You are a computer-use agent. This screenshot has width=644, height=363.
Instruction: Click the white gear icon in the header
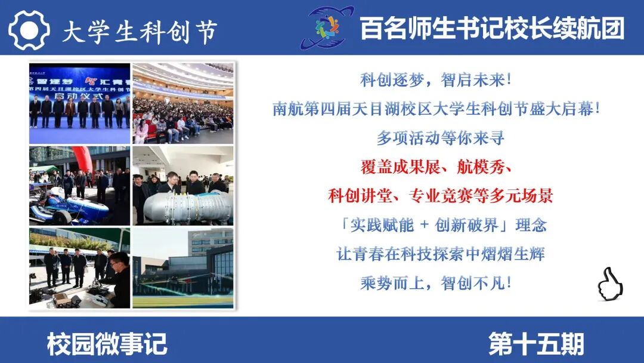point(29,30)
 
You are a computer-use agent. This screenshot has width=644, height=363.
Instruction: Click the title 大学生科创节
point(140,32)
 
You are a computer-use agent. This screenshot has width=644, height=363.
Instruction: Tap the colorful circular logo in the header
point(327,27)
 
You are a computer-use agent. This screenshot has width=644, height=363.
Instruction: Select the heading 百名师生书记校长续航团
point(492,29)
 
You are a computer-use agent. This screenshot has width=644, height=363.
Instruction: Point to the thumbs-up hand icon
point(611,284)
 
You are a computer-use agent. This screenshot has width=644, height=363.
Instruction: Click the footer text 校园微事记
point(107,344)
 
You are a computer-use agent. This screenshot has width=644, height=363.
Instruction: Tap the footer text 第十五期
point(537,344)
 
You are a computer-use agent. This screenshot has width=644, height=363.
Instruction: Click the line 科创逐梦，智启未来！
point(436,80)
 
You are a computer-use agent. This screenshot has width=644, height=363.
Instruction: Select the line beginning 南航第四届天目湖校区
point(436,109)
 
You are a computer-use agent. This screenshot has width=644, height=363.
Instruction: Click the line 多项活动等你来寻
point(440,138)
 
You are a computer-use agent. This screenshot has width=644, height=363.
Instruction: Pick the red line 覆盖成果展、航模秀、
point(436,167)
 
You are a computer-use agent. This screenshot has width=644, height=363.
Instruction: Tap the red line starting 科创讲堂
point(440,196)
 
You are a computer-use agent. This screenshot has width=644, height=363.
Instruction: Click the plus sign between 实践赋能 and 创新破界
point(425,224)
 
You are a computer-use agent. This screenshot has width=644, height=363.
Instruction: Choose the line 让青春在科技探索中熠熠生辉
point(440,254)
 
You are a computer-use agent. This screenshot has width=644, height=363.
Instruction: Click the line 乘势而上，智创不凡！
point(436,283)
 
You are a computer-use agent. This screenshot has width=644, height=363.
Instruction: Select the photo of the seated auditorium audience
point(183,103)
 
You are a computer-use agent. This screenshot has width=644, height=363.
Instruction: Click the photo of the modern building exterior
point(183,268)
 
